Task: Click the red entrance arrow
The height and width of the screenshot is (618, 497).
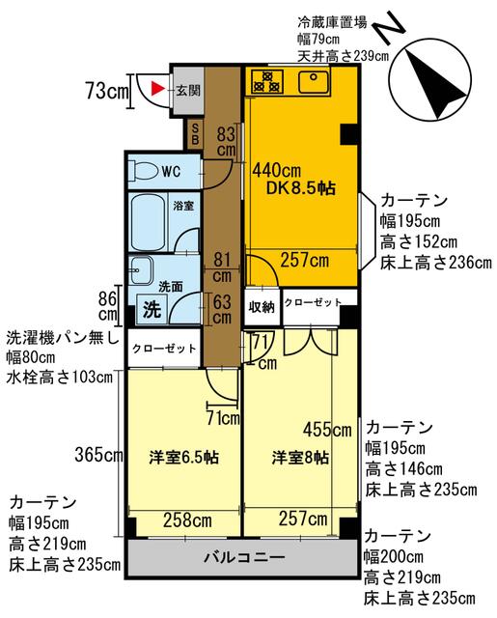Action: tap(156, 89)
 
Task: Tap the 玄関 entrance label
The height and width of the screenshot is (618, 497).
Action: tap(188, 90)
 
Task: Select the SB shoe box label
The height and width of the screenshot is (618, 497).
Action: tap(195, 134)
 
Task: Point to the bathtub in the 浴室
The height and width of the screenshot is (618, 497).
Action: tap(148, 222)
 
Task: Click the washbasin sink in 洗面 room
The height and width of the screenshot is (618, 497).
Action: tap(141, 270)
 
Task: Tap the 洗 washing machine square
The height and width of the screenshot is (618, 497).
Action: tap(152, 309)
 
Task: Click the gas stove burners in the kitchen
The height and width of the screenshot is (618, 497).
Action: tap(267, 81)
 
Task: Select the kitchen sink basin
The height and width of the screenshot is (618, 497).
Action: tap(314, 81)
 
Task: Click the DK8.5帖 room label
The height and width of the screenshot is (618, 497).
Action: tap(301, 188)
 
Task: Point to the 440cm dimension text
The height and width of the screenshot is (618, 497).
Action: tap(276, 171)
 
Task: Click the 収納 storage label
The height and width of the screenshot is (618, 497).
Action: tap(262, 307)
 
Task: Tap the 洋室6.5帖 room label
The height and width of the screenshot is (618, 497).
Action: tap(184, 457)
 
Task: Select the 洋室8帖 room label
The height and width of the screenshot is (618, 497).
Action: tap(300, 458)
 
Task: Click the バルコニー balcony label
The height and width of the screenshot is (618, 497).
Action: tap(244, 557)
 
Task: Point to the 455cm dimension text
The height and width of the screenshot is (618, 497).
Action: tap(327, 429)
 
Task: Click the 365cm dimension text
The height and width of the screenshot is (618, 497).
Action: tap(98, 455)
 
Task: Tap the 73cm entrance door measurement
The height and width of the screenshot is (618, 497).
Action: tap(107, 91)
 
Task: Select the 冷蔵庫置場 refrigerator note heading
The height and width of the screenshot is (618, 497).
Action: tap(332, 21)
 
